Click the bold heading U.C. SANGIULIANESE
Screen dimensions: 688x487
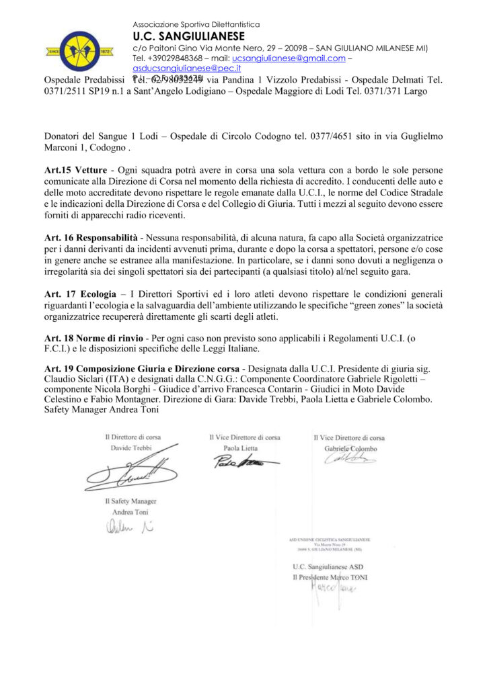(189, 36)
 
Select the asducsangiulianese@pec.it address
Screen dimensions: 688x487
(188, 69)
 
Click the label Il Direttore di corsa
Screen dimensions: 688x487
(133, 437)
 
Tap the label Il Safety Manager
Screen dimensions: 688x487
(131, 501)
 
